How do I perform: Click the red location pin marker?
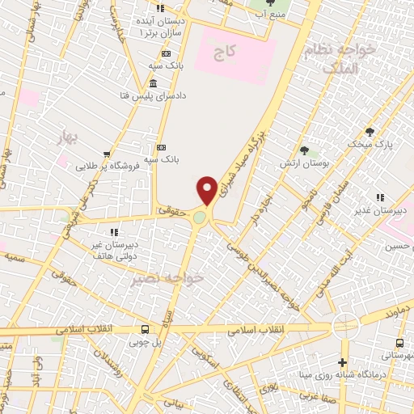(207, 190)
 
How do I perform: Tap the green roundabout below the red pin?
(200, 218)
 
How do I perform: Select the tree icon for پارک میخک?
(371, 131)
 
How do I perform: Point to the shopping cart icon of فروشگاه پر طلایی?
(106, 154)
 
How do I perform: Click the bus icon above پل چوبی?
(145, 329)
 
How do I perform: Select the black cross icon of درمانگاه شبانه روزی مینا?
(344, 361)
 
